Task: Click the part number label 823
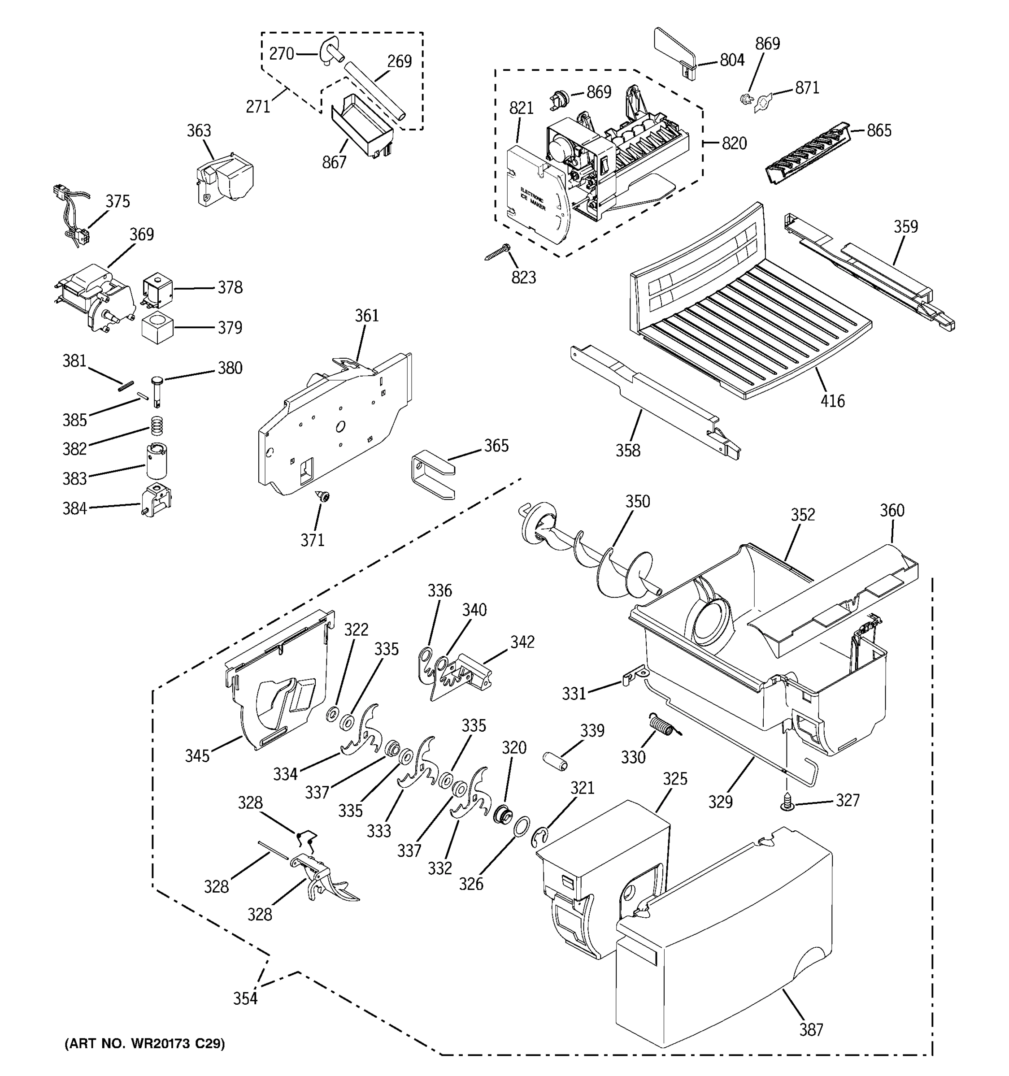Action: tap(523, 277)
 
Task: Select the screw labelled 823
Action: tap(497, 253)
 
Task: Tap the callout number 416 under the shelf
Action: tap(832, 401)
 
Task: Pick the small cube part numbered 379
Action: tap(157, 327)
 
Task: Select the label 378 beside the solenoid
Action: tap(230, 287)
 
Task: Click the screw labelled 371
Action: tap(323, 496)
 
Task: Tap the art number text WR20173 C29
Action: tap(144, 1043)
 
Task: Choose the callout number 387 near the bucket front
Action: tap(811, 1029)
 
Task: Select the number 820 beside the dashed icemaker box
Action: tap(734, 143)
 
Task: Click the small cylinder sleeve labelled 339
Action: tap(555, 760)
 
